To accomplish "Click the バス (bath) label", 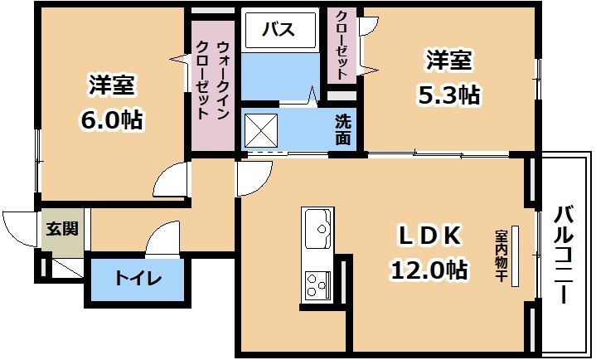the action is point(279,29).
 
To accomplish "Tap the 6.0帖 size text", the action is point(111,119).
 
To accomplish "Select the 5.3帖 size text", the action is point(449,95).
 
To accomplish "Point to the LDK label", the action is point(429,236).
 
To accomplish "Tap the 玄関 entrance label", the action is point(62,229).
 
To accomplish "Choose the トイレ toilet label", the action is point(138,279).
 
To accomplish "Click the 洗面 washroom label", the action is point(343,130).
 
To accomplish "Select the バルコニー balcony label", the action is point(564,255).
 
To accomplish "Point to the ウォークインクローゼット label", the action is point(212,80).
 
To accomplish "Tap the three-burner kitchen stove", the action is point(317,285).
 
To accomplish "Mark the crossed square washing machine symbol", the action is point(261,130).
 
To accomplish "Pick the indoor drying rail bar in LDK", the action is point(515,255).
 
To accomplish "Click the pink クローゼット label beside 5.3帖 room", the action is point(342,45).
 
